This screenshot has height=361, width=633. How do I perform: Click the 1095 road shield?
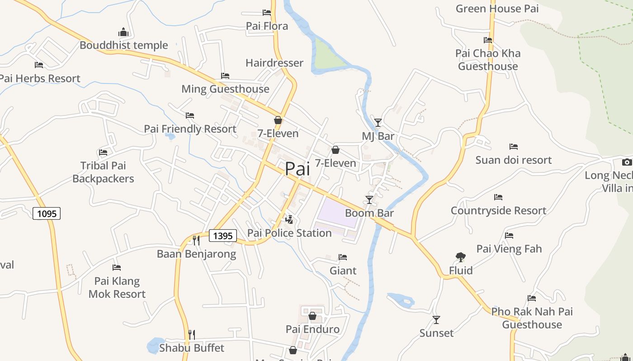click(x=47, y=213)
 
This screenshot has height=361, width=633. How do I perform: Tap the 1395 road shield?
click(x=223, y=236)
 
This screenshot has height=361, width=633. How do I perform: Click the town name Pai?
click(x=298, y=169)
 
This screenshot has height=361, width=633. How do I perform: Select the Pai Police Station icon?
click(x=289, y=220)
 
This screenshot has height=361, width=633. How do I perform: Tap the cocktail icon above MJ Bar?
click(x=378, y=122)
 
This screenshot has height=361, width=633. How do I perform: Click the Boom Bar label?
click(x=369, y=213)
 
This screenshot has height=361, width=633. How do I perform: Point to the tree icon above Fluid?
click(x=461, y=257)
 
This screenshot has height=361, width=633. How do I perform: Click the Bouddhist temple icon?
click(x=123, y=32)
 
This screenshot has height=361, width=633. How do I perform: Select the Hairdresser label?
click(x=274, y=63)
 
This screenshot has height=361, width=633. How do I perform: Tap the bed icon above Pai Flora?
click(x=267, y=13)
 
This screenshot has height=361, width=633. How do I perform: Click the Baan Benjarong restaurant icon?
click(x=196, y=240)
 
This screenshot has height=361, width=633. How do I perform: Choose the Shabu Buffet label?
click(x=192, y=348)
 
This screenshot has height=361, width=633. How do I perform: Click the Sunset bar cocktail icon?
click(x=436, y=320)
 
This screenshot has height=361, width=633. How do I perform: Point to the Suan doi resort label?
click(x=514, y=160)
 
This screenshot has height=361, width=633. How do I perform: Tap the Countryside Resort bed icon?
click(x=498, y=197)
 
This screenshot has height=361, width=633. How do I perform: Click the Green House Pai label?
click(x=497, y=9)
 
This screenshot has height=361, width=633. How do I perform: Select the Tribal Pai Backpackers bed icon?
click(x=103, y=153)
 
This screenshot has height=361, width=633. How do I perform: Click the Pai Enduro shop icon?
click(x=312, y=316)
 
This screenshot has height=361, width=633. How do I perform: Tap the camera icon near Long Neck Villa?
click(x=627, y=162)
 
